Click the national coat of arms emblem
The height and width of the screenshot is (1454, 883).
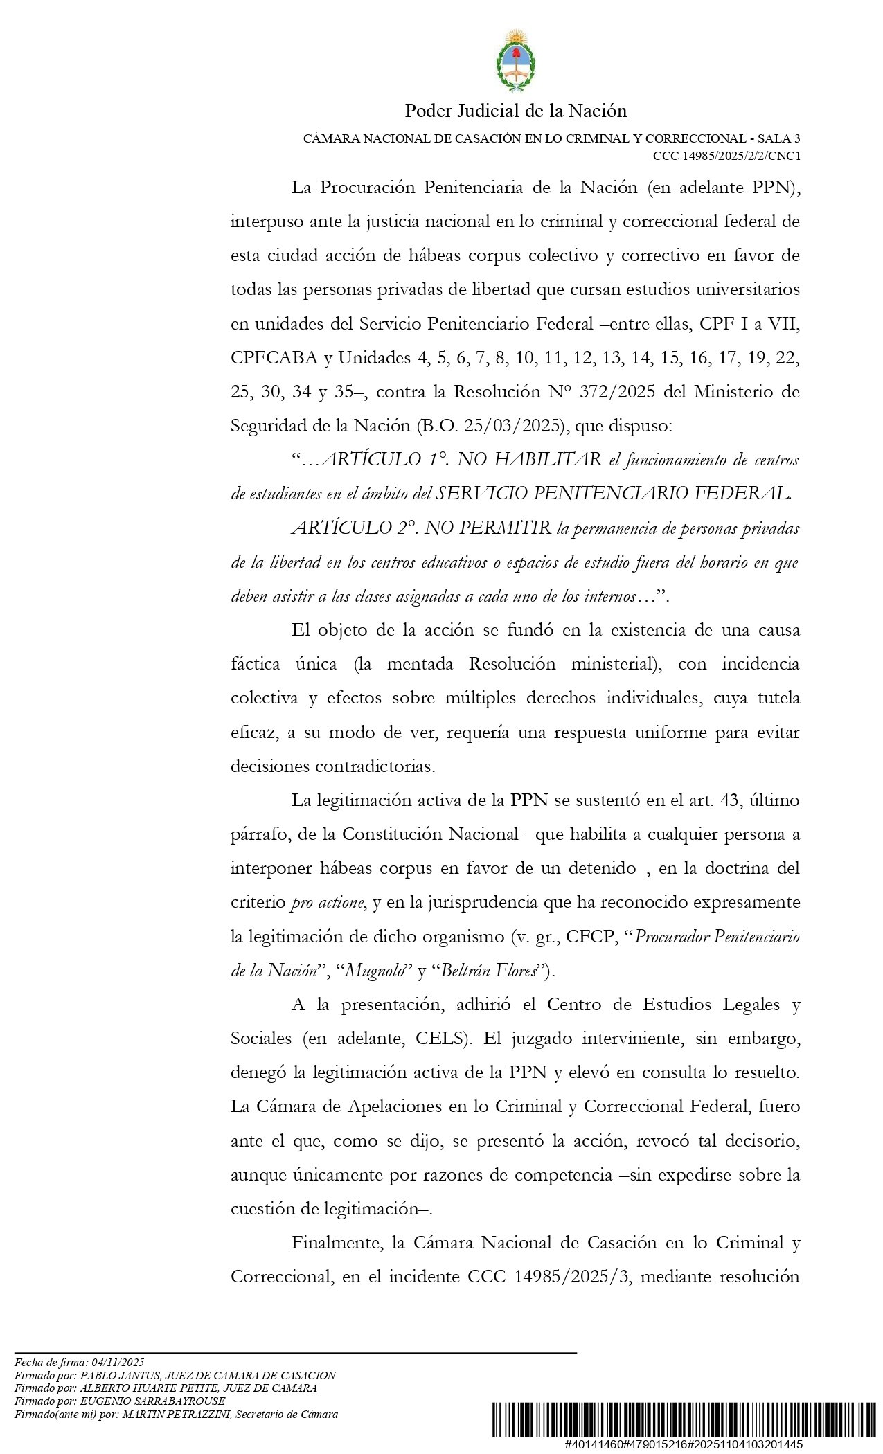515,61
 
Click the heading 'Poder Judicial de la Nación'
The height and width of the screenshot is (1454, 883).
515,111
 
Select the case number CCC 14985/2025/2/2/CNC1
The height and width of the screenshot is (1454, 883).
726,156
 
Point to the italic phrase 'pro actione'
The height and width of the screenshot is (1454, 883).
327,902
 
